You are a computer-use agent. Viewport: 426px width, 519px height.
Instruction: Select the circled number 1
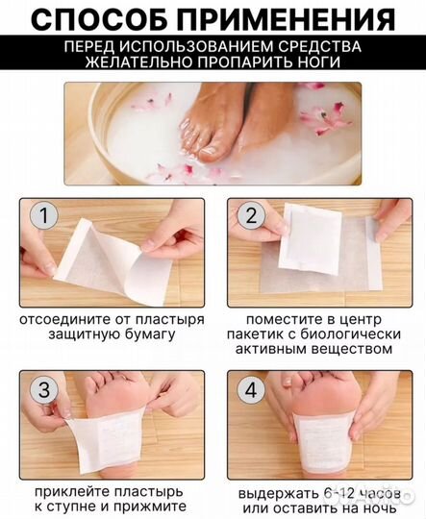pos(40,214)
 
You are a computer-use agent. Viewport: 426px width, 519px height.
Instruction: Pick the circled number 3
pos(40,388)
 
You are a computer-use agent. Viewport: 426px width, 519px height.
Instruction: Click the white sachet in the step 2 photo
pos(309,239)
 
